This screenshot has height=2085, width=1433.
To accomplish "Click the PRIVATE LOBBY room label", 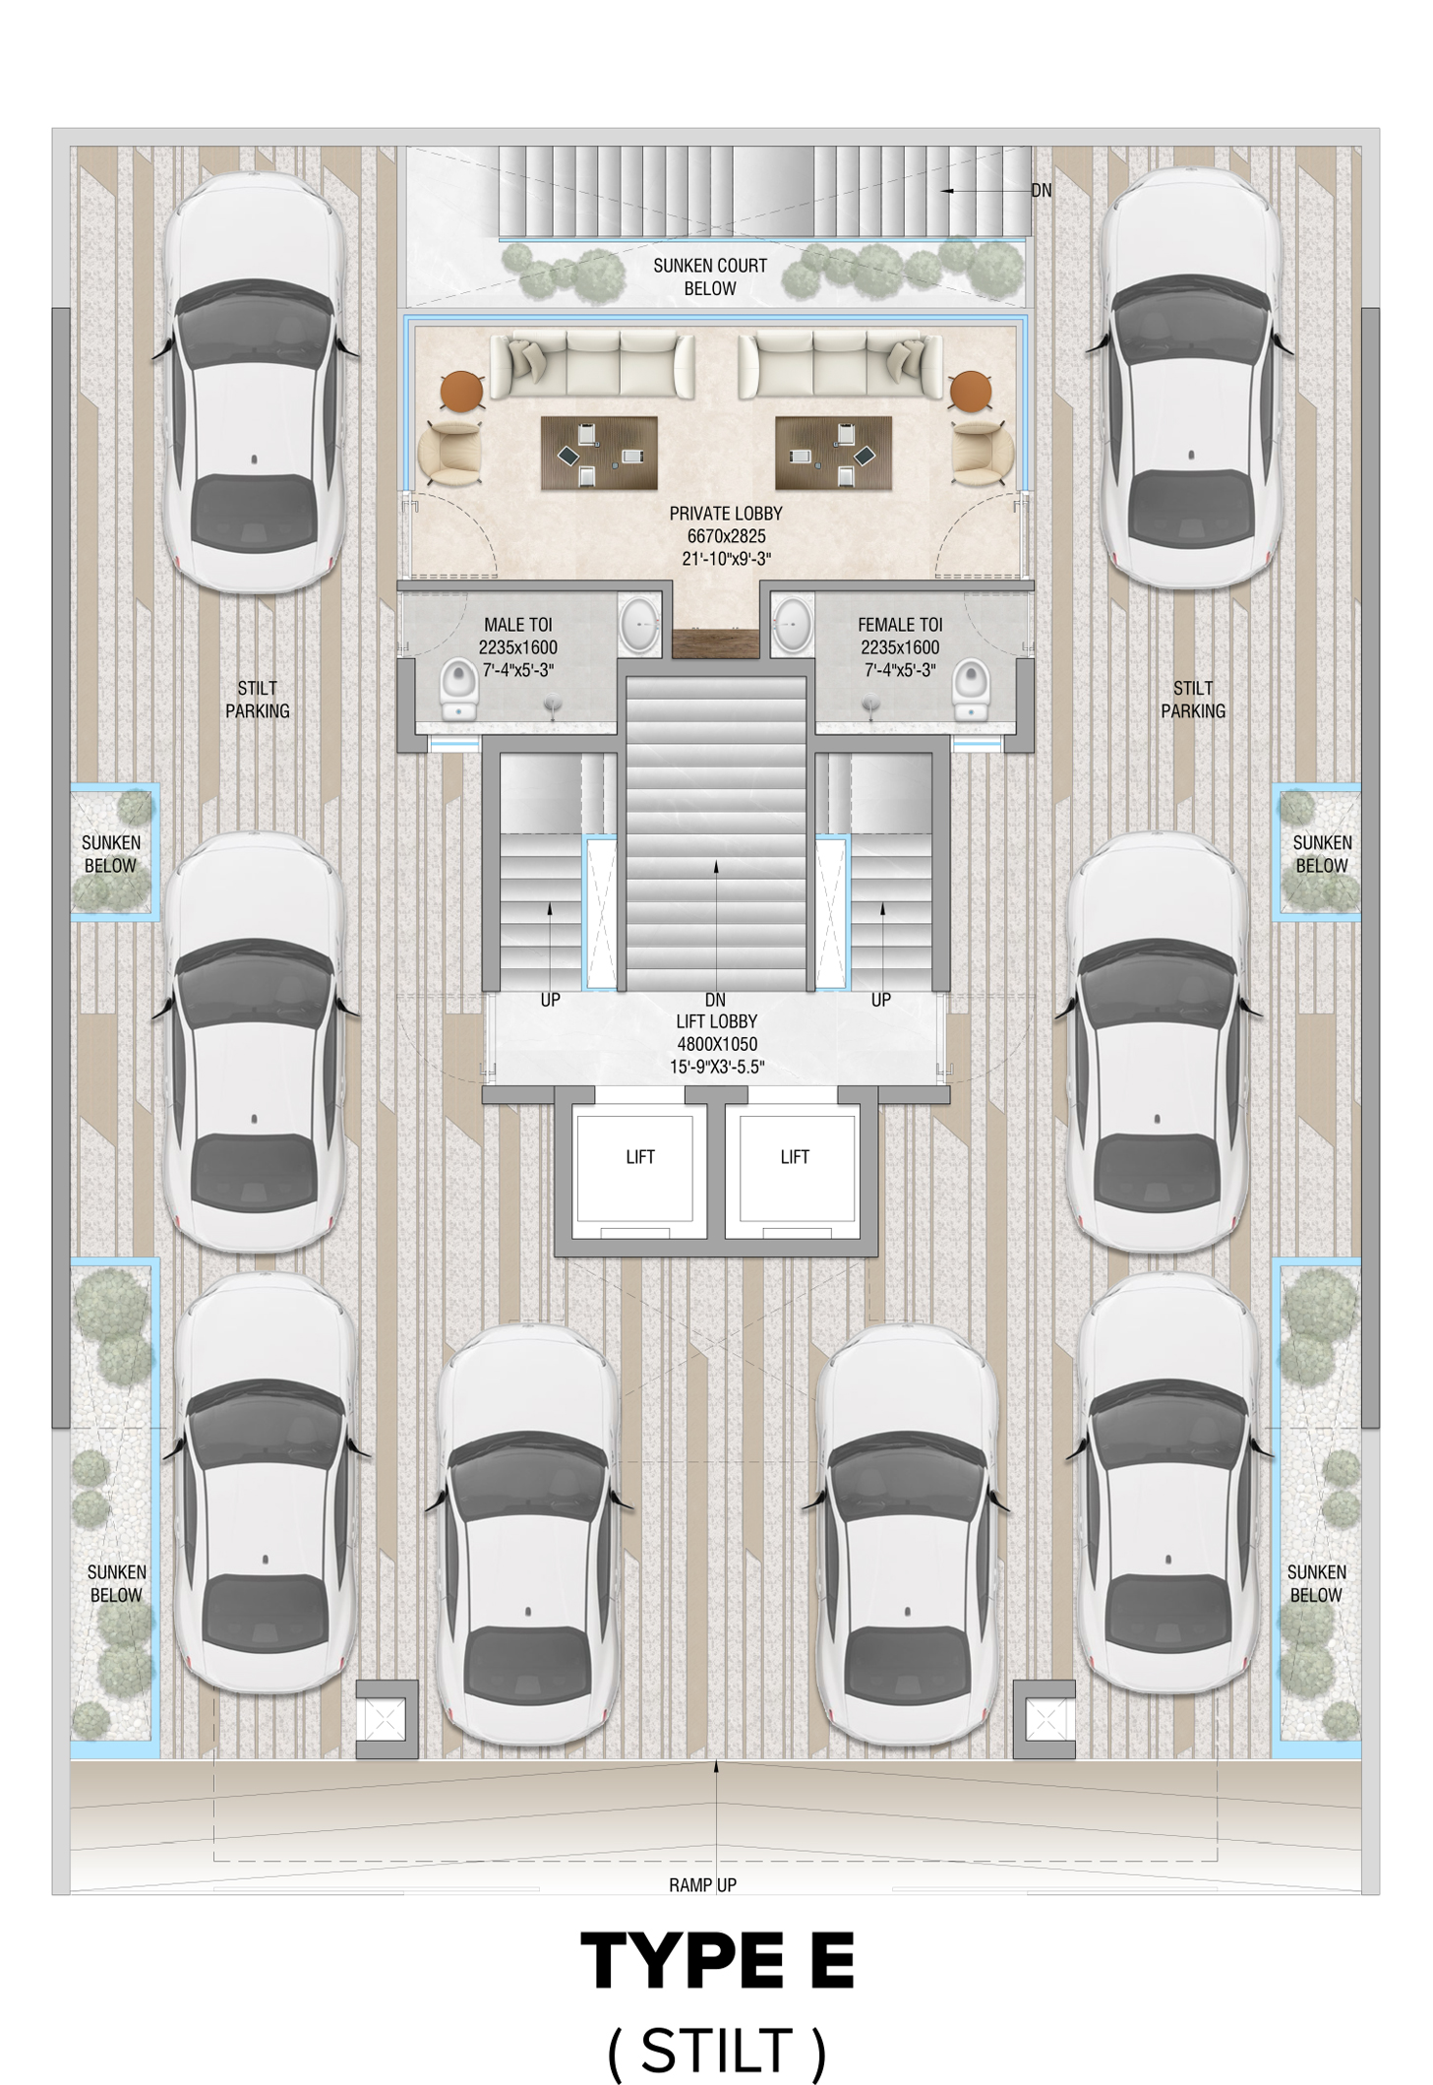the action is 726,514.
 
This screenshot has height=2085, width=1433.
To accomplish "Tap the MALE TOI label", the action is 517,625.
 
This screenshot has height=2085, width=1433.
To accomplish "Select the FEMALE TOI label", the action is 899,625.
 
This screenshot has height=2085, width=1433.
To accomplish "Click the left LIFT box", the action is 634,1167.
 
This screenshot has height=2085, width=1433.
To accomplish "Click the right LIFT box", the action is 797,1167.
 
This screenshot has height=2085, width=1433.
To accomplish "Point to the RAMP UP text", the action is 702,1884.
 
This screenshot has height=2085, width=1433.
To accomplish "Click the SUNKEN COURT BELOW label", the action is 710,276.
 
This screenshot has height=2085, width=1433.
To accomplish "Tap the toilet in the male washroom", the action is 458,689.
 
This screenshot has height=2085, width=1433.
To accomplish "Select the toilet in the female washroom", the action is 970,689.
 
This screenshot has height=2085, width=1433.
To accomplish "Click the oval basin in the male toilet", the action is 639,624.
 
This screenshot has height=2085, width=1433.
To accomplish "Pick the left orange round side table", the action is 461,392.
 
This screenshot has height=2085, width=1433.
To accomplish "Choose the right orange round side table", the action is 971,392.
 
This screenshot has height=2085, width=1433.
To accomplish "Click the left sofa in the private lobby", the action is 591,364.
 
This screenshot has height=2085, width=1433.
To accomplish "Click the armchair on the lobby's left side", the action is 450,454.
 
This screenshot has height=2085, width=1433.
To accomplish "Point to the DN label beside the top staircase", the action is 1041,190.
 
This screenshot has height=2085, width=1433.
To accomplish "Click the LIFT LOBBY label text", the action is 716,1021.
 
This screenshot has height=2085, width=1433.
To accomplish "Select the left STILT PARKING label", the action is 258,700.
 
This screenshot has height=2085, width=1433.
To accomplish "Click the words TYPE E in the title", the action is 717,1962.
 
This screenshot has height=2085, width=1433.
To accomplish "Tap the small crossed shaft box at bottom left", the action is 387,1719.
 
